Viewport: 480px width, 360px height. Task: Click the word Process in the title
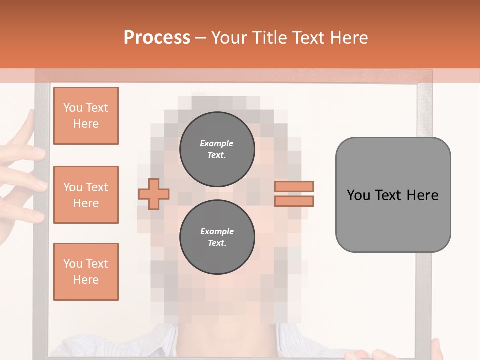[x=157, y=38]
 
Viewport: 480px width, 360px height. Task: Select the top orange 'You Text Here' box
[x=86, y=116]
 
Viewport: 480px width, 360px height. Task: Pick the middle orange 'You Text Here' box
[x=86, y=195]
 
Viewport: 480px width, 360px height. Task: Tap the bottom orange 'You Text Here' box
[x=86, y=271]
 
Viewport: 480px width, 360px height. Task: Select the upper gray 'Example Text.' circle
[x=217, y=149]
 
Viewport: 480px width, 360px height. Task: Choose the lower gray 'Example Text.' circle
[x=217, y=237]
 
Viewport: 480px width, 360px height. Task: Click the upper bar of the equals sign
[x=294, y=186]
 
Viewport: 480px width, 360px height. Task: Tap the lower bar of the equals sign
[x=294, y=201]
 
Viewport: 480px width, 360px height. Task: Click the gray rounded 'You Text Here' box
[x=393, y=194]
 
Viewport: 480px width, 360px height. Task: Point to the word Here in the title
[x=347, y=38]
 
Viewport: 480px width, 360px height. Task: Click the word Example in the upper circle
[x=217, y=143]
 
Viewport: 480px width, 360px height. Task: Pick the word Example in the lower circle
[x=217, y=231]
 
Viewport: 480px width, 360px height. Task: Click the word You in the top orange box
[x=72, y=108]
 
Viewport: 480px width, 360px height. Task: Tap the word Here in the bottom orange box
[x=86, y=280]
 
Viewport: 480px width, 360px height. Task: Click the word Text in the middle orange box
[x=97, y=187]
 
